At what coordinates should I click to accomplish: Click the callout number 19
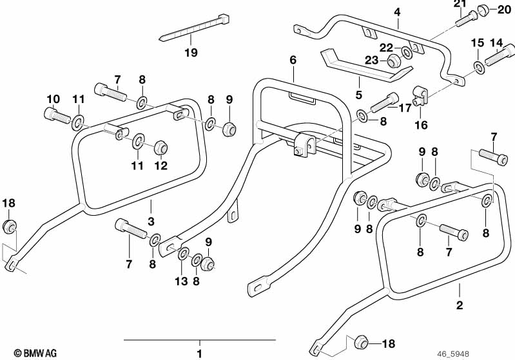(191, 52)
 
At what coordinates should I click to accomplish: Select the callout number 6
(293, 60)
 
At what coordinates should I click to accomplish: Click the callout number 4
(397, 12)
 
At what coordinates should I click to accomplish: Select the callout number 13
(182, 281)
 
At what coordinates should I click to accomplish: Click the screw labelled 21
(464, 19)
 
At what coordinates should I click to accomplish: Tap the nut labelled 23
(391, 62)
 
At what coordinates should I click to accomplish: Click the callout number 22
(386, 47)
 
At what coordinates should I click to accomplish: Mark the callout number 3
(151, 222)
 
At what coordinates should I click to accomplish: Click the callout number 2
(459, 305)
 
